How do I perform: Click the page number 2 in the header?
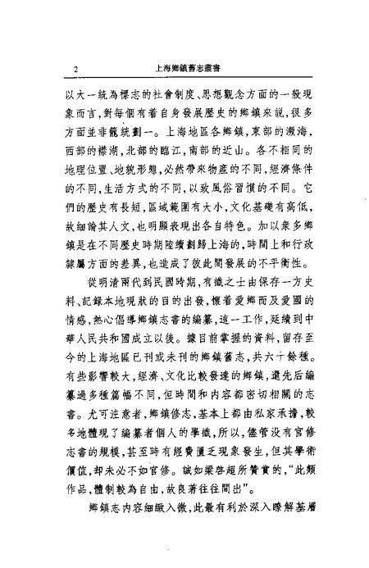click(x=75, y=70)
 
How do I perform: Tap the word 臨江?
click(x=173, y=158)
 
